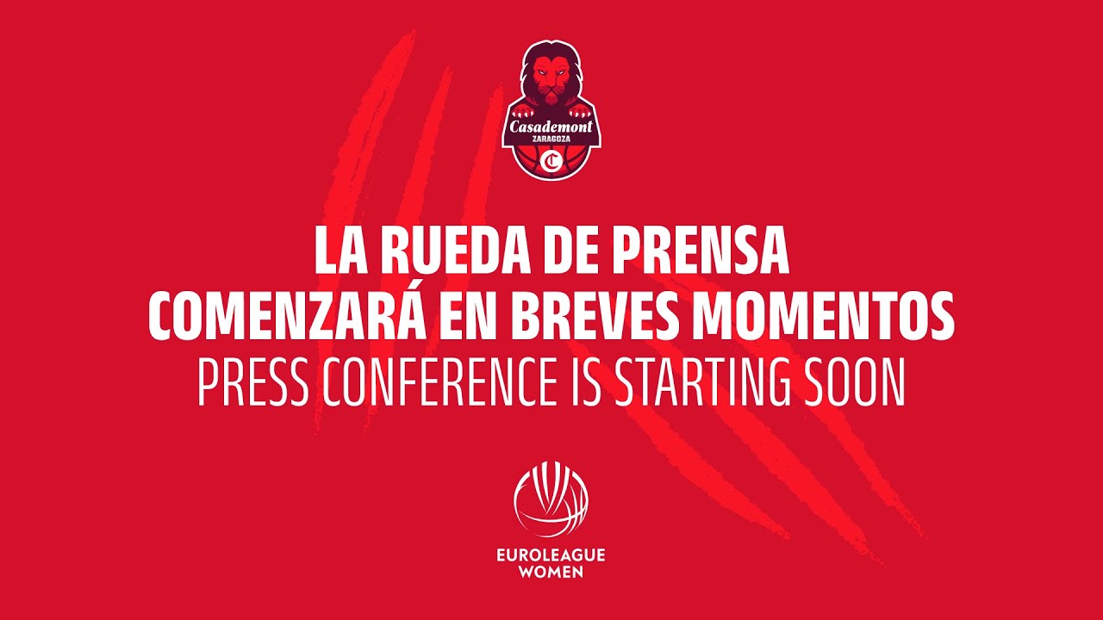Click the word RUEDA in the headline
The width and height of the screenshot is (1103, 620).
(x=453, y=251)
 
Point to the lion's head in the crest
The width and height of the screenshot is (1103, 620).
(x=551, y=76)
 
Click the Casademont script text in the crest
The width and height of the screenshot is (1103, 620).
(x=551, y=127)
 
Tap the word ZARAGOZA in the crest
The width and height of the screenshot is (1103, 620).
(x=551, y=141)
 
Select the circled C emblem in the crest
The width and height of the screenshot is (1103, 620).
(x=551, y=161)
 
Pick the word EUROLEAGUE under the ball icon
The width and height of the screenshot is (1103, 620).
(x=551, y=555)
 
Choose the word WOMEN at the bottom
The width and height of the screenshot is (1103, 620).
(x=551, y=572)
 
